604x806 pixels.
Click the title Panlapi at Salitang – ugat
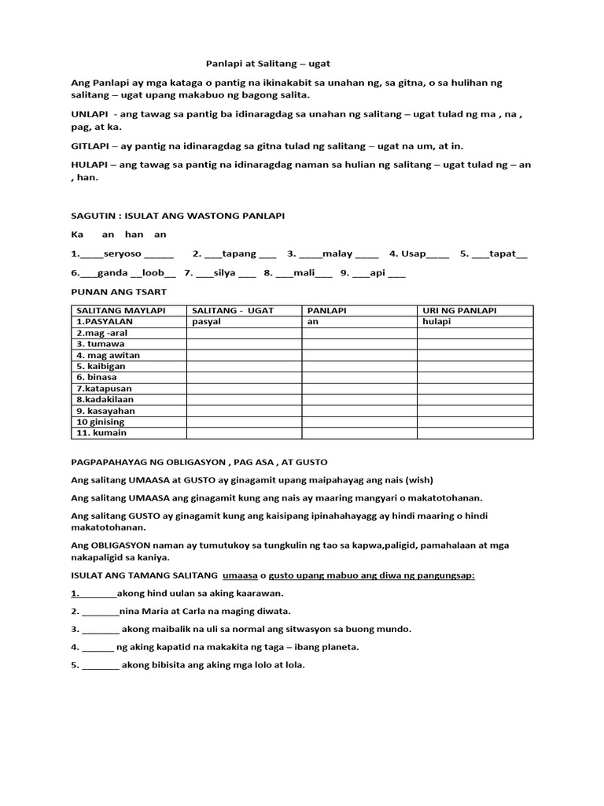tap(263, 63)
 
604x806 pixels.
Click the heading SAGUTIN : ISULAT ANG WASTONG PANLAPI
tap(178, 216)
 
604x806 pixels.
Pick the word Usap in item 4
tap(413, 253)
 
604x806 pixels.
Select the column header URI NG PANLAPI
tap(460, 311)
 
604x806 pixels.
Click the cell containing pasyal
tap(206, 322)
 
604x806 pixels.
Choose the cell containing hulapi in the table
tap(436, 322)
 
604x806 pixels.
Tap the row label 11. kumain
tap(101, 433)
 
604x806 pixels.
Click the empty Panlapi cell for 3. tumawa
tap(359, 344)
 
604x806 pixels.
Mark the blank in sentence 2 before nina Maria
tap(100, 611)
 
